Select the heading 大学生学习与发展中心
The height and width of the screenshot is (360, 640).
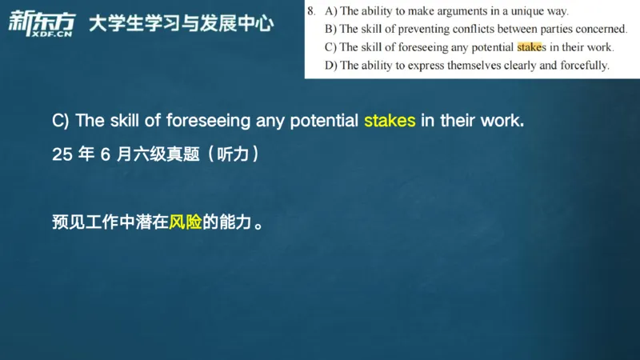[x=182, y=24]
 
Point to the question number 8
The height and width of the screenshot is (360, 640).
[x=311, y=11]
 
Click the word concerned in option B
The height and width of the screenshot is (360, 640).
[x=602, y=29]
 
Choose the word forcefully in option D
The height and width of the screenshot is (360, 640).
[x=582, y=66]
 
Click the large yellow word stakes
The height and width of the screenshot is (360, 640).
[x=390, y=121]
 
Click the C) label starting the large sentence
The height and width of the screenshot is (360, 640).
[x=62, y=121]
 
